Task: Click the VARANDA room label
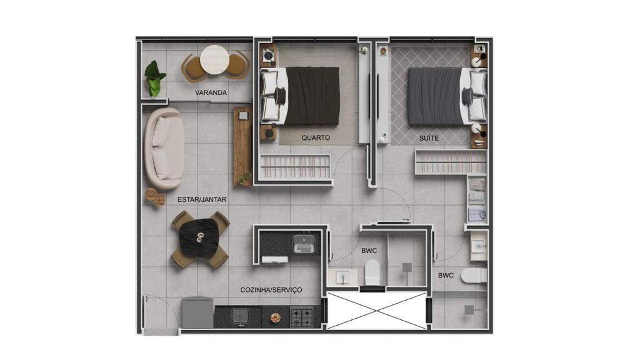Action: [211, 92]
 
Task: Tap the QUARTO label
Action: [316, 138]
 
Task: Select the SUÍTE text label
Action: [429, 138]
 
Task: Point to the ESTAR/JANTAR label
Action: [202, 199]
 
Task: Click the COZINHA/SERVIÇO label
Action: [271, 290]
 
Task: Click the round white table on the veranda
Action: [215, 59]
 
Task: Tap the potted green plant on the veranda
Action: [155, 79]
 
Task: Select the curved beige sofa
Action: [164, 148]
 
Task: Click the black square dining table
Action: [199, 239]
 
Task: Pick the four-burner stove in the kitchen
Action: [302, 317]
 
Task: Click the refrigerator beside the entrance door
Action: [197, 312]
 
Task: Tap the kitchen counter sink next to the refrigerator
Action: [240, 317]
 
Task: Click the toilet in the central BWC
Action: [372, 272]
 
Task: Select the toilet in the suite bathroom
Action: [474, 276]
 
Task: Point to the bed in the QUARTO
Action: [300, 96]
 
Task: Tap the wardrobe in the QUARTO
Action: [295, 166]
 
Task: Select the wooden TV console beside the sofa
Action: [242, 146]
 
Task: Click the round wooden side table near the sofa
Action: [155, 197]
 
